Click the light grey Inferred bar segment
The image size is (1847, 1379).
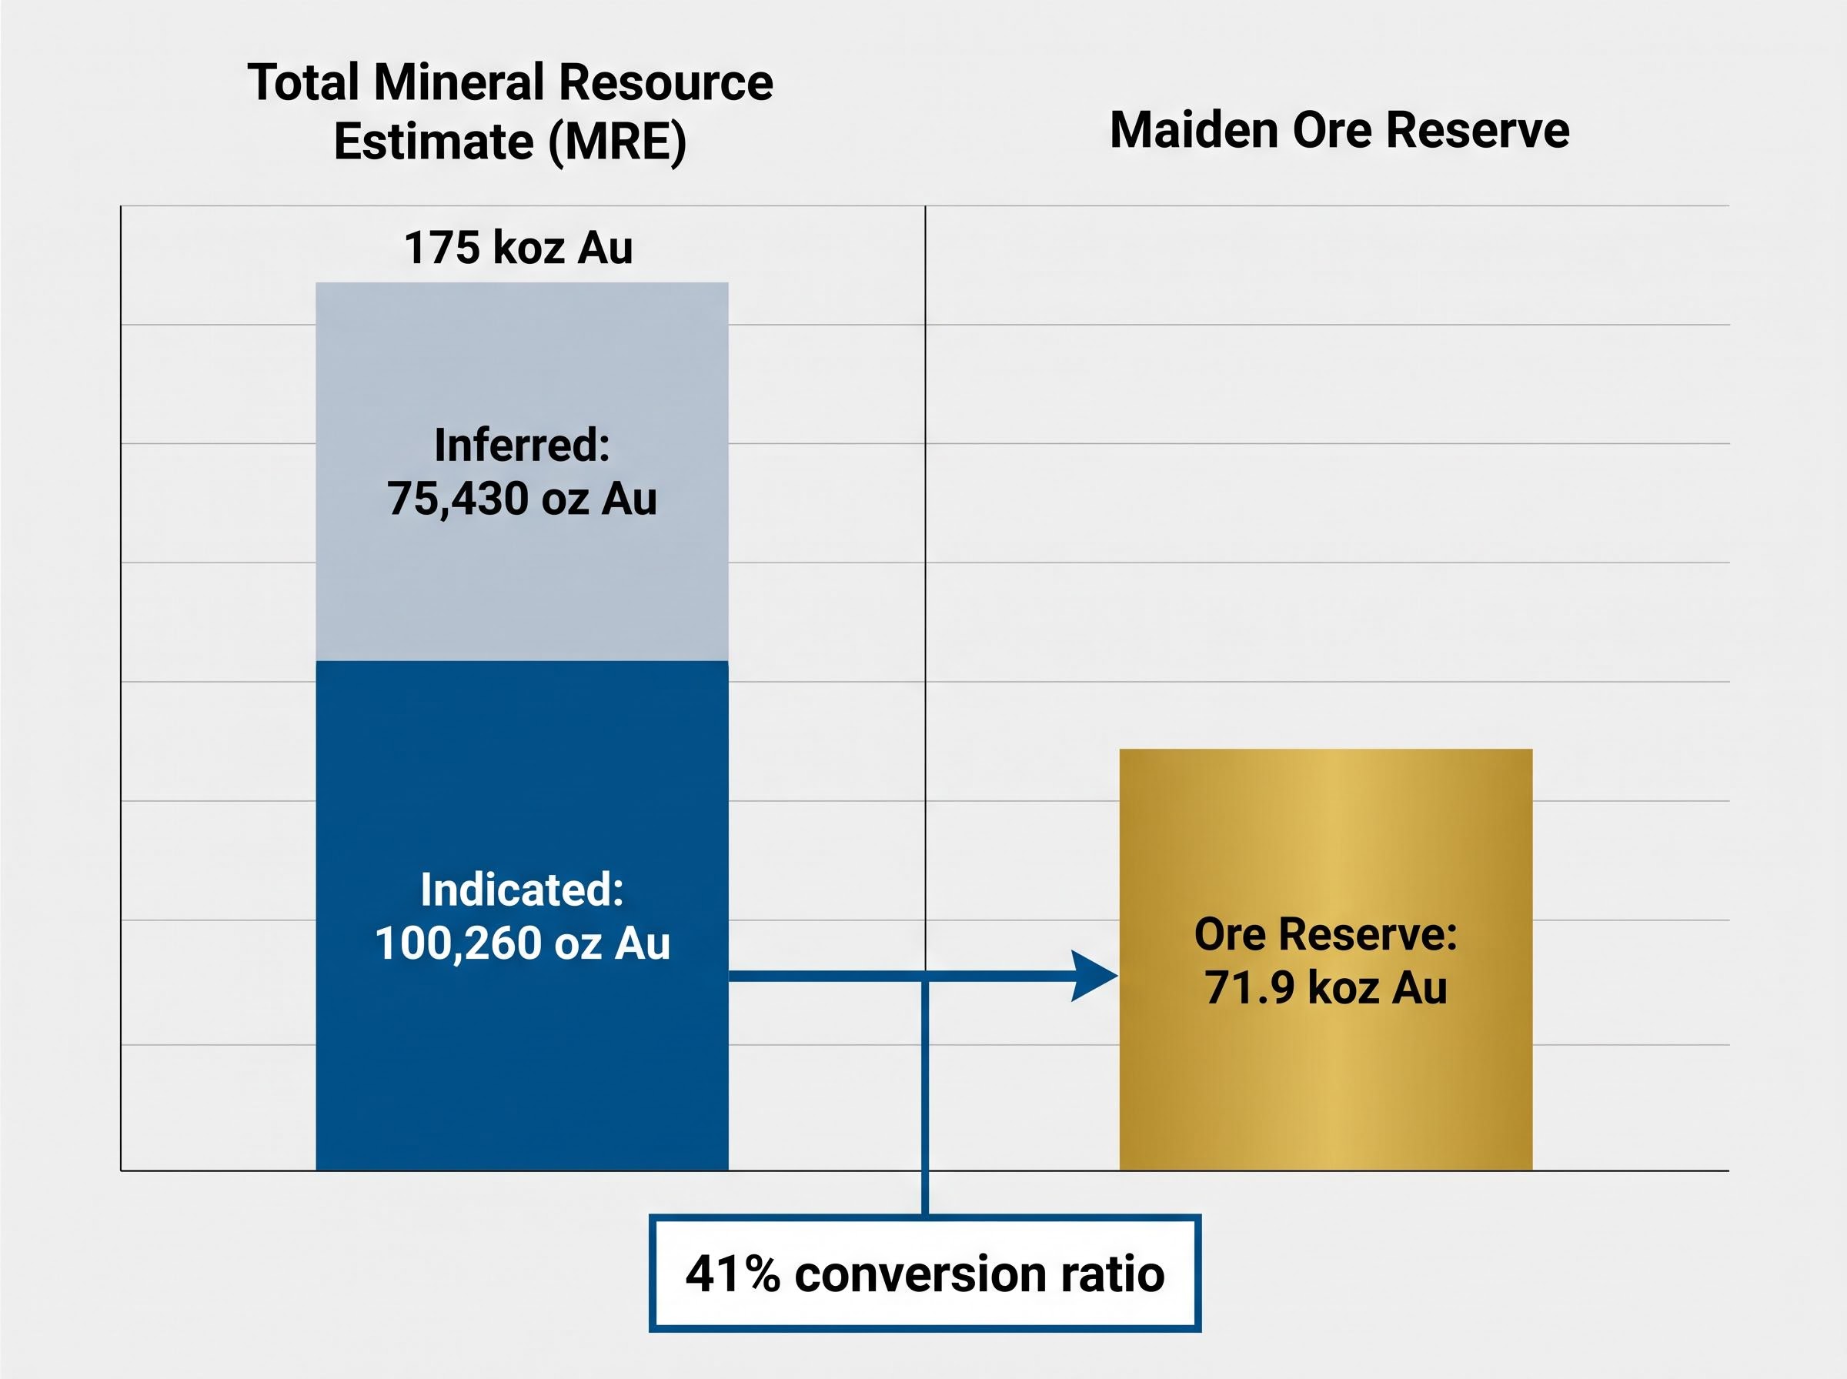click(522, 472)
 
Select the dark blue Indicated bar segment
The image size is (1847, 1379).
click(522, 916)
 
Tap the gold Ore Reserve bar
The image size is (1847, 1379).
click(1325, 960)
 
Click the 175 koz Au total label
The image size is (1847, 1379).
click(518, 248)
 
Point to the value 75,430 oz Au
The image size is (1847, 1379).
click(522, 499)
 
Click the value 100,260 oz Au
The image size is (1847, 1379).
click(523, 943)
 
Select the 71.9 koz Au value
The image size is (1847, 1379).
click(1325, 987)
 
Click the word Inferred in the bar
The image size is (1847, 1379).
click(522, 445)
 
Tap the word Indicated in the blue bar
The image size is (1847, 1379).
click(522, 890)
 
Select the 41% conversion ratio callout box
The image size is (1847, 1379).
click(925, 1273)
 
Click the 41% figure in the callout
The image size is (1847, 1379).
click(733, 1274)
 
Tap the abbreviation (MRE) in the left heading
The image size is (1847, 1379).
click(618, 141)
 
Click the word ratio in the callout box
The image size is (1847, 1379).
click(1113, 1274)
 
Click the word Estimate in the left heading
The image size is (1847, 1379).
click(434, 141)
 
